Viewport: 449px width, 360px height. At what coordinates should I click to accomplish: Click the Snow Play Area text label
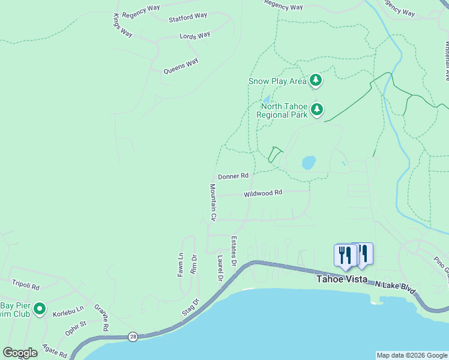coord(277,81)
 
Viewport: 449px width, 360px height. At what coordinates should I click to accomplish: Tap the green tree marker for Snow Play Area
coord(316,80)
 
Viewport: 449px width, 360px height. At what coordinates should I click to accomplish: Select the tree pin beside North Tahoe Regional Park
coord(316,109)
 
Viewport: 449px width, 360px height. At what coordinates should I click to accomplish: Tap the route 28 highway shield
coord(133,337)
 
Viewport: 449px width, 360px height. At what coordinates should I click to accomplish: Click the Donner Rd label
coord(233,176)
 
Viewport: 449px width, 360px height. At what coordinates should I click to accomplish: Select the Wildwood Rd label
coord(262,194)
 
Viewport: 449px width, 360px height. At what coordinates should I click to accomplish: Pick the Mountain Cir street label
coord(212,201)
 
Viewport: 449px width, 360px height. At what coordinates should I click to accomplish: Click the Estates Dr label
coord(234,252)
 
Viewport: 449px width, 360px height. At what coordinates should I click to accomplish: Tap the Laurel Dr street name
coord(220,268)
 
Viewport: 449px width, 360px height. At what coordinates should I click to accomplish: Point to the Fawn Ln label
coord(180,264)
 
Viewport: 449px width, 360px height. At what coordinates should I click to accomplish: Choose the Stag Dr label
coord(190,306)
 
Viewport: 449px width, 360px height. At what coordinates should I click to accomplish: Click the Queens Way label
coord(181,66)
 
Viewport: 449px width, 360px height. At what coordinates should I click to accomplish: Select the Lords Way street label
coord(195,36)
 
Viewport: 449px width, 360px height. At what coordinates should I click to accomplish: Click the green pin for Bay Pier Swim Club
coord(40,309)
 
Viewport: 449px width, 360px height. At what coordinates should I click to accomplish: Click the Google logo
coord(20,353)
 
